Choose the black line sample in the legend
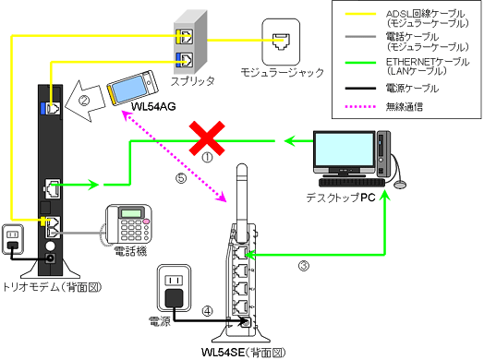click(355, 90)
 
